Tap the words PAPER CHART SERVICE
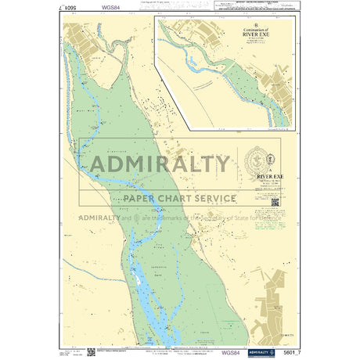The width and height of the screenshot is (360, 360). pyautogui.click(x=175, y=198)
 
